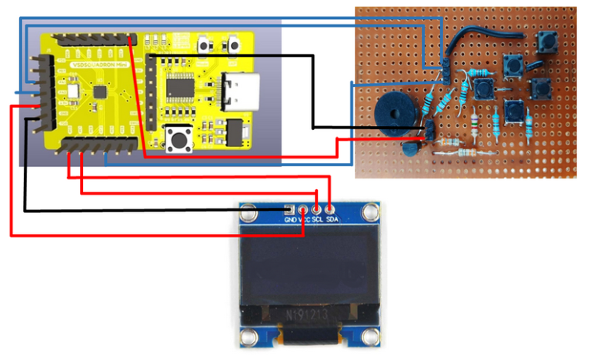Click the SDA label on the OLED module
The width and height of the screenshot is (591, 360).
[x=332, y=219]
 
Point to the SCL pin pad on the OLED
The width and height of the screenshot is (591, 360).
[x=316, y=208]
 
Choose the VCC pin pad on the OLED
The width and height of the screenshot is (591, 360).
[x=303, y=208]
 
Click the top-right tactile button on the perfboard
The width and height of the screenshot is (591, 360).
[x=549, y=43]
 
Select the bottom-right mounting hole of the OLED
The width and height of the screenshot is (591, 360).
[x=373, y=336]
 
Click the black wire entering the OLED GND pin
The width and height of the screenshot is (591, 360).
[x=154, y=210]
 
